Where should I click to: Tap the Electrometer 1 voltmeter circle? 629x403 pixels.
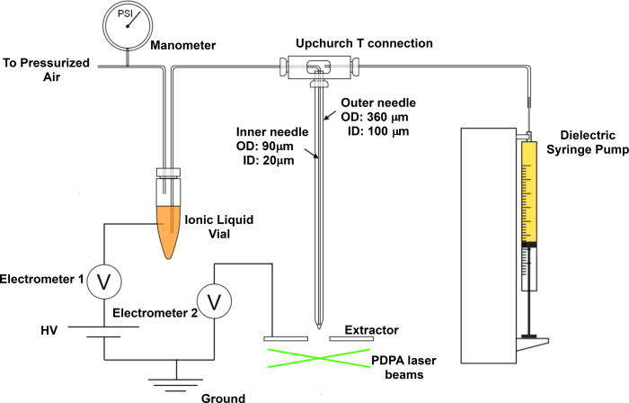(102, 282)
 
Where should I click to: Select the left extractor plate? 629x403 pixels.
(285, 338)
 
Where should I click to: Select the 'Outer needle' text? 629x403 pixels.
(368, 101)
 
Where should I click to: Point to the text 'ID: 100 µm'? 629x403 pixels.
(382, 132)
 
